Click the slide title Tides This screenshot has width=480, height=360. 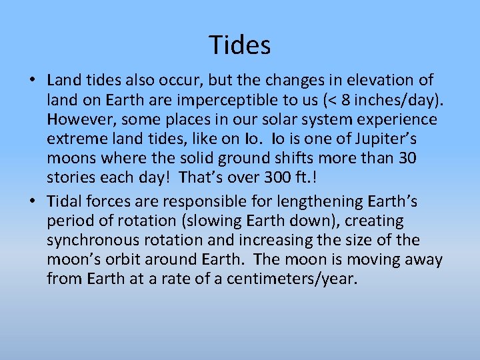[x=240, y=45]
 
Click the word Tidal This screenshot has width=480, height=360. [x=65, y=200]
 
